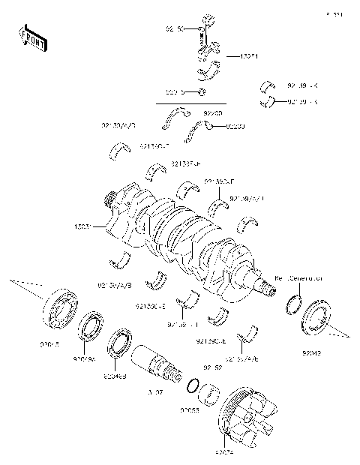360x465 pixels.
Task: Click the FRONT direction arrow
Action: point(31,37)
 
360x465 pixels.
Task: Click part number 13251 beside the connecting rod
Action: point(249,56)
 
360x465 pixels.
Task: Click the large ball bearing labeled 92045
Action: point(60,308)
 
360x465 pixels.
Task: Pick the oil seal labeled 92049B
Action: point(119,345)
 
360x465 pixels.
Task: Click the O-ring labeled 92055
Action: point(192,386)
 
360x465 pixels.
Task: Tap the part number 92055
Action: point(188,411)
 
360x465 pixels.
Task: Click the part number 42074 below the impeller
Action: point(224,454)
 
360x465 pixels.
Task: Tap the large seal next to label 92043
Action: point(313,319)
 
